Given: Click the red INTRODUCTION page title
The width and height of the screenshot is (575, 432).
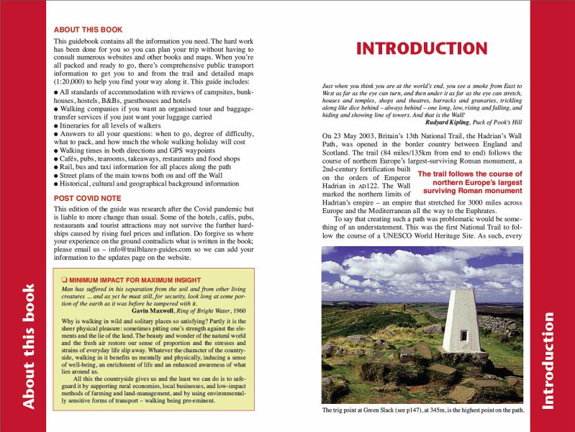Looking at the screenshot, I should coord(422,49).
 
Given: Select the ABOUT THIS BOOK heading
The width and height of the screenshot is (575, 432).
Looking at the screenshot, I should coord(88,30).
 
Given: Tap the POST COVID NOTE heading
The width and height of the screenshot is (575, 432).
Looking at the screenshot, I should coord(87,198).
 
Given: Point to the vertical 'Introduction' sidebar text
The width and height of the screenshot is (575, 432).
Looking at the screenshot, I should coord(550,360).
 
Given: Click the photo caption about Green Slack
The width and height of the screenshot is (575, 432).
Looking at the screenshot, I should coord(422,411).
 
